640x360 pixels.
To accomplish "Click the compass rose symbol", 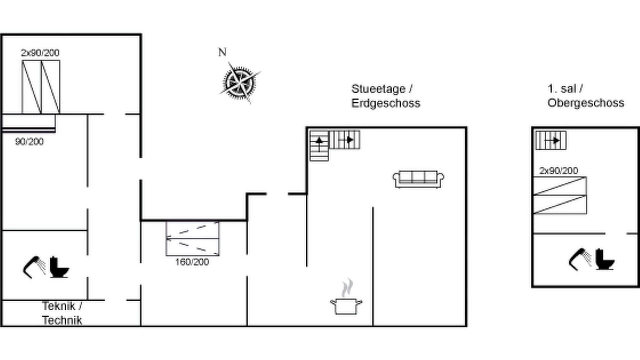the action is (x=240, y=83).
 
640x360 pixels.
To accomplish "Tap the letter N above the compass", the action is (x=222, y=52).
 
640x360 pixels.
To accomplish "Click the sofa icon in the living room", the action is (x=418, y=179).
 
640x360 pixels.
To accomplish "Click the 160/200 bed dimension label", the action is (x=192, y=262).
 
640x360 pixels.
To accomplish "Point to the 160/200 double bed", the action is (x=193, y=239).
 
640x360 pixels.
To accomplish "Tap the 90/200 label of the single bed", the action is (x=29, y=141).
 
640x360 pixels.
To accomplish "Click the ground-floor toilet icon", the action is (x=59, y=267).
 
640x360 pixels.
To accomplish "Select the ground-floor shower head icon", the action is (x=34, y=267).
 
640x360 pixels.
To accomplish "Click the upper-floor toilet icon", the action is (x=605, y=259).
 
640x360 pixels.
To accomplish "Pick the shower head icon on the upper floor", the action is (x=580, y=259).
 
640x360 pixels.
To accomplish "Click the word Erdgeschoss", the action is (x=386, y=103).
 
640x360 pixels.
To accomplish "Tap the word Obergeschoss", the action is (x=586, y=103).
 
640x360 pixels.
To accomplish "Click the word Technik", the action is (x=62, y=320).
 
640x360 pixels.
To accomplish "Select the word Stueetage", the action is (x=379, y=89).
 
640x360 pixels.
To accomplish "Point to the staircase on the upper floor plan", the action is (x=551, y=140).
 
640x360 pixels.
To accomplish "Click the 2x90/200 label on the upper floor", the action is (x=559, y=171).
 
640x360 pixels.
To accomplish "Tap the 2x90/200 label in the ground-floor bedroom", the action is (x=40, y=53).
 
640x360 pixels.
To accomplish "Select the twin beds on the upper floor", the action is (x=560, y=195).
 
